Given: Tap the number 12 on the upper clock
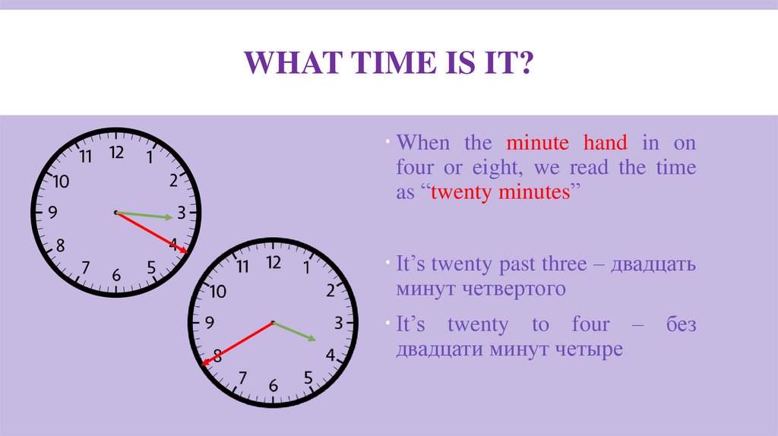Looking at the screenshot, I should click(116, 153).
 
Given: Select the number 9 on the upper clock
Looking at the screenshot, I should click(52, 213).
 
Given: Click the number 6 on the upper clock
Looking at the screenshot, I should click(116, 275).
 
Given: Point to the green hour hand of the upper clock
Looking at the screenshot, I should click(145, 216).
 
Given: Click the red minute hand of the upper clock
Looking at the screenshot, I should click(152, 232).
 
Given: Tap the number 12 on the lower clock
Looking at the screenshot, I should click(274, 263).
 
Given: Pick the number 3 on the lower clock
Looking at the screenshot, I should click(338, 324).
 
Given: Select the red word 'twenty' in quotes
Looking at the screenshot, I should click(462, 192).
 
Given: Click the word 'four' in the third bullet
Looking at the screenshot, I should click(590, 325).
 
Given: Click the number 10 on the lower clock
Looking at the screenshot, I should click(218, 291).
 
